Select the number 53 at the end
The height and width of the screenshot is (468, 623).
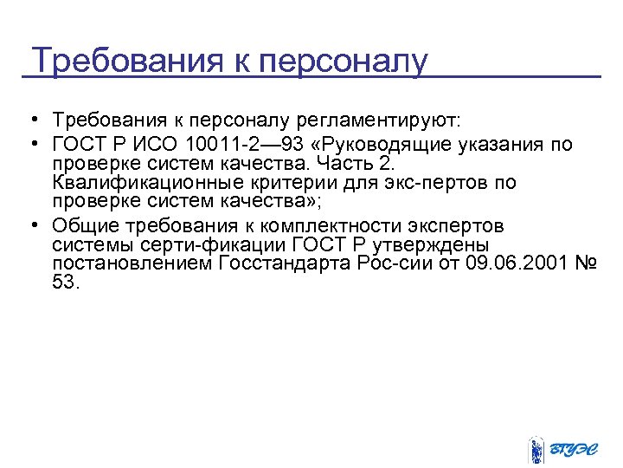(x=65, y=283)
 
